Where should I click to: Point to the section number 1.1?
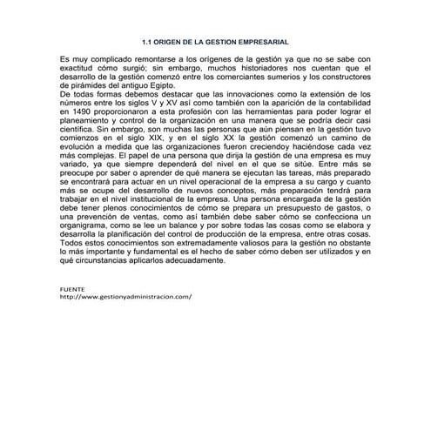146,41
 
